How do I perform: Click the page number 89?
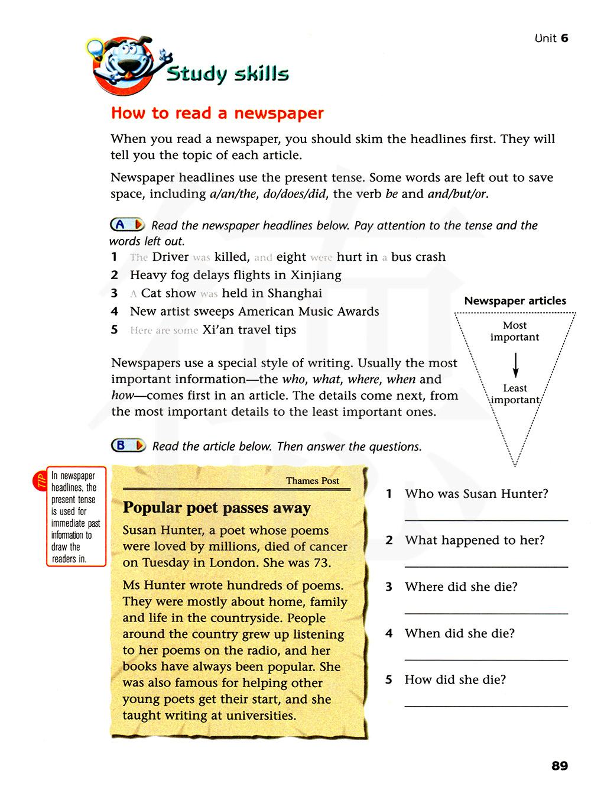559,766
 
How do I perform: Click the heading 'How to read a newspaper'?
217,113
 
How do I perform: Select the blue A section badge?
126,225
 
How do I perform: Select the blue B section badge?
128,445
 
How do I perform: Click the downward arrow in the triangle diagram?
515,365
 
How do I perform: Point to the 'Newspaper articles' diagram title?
515,301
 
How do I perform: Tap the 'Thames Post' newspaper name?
312,481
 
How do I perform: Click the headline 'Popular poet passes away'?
216,508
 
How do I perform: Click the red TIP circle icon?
40,481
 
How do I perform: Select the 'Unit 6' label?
551,38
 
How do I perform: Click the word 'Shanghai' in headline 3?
294,293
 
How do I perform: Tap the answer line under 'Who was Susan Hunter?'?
486,520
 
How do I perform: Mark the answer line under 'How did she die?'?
486,706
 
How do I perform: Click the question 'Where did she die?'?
461,587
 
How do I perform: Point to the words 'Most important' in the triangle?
514,331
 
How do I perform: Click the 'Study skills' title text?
228,74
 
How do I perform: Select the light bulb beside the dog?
95,48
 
